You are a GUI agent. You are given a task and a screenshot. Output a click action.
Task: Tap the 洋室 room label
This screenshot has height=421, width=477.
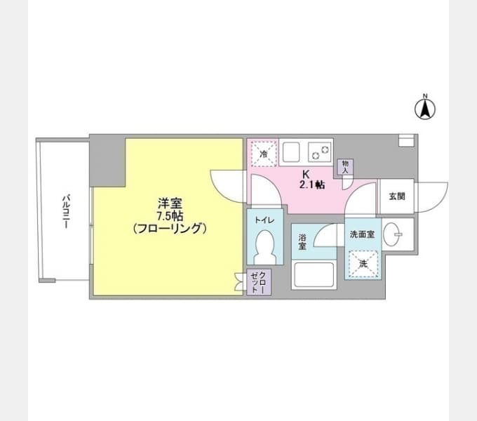170,203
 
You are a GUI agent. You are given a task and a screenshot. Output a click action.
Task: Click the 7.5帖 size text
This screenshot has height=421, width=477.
170,216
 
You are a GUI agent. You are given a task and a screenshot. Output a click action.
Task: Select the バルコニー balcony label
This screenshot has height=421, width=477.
66,212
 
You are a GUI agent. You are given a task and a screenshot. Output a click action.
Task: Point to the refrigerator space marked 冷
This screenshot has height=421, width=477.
264,154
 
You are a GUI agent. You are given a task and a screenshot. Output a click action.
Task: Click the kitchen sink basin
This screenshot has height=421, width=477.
291,152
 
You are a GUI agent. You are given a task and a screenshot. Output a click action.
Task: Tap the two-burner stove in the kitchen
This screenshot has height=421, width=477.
320,152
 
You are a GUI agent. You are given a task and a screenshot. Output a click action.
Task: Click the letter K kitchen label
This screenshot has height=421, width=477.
306,174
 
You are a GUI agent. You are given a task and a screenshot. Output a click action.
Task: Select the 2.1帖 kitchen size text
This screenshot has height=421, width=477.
312,185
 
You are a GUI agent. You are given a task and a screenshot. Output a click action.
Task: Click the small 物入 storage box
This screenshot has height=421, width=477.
345,167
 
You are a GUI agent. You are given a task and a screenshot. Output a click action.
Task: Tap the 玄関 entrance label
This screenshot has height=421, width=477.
397,196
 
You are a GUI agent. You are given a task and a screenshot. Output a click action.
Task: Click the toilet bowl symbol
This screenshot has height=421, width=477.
265,247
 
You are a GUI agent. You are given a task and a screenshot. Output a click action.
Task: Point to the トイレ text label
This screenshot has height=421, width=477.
264,220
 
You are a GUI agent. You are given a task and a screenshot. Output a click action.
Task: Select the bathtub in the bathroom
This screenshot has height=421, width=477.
314,274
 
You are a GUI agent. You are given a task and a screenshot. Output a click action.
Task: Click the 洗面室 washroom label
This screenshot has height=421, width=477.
362,234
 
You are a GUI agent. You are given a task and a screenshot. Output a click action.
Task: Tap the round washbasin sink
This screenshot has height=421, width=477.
391,234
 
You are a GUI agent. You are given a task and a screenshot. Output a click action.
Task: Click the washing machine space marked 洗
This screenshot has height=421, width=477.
363,264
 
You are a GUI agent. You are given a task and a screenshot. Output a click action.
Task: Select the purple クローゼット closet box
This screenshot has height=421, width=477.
259,282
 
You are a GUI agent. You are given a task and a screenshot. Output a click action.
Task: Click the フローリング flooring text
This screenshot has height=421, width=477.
170,228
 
